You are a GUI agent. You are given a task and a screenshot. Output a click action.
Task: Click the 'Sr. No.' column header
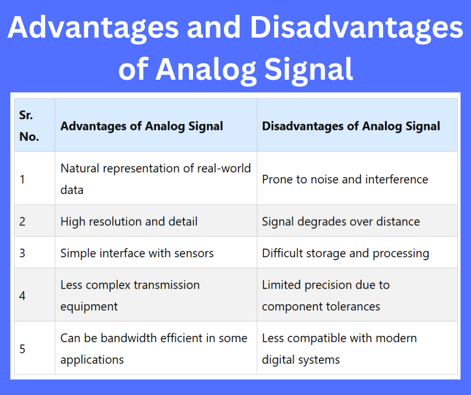pos(29,126)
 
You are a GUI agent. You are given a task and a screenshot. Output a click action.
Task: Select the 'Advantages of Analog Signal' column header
pos(142,126)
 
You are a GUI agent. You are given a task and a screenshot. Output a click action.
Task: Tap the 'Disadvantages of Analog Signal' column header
pos(351,126)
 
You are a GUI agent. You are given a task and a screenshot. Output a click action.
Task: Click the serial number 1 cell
pos(23,179)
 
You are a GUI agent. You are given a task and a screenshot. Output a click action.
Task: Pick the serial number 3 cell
pos(23,253)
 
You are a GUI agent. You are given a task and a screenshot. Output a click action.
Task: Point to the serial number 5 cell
pos(23,348)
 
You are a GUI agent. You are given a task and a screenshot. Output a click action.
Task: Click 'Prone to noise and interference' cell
pos(345,179)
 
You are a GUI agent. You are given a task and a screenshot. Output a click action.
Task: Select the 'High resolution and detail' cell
pos(129,221)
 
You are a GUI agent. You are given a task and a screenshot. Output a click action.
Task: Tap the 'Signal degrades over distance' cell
pos(341,221)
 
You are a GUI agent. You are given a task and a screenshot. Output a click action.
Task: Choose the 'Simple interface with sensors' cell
pos(137,253)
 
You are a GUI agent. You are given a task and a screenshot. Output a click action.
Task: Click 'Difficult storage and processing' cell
pos(345,253)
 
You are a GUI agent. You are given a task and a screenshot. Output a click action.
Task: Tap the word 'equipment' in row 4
pos(89,306)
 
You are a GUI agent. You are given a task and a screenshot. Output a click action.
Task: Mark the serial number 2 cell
pos(23,221)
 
